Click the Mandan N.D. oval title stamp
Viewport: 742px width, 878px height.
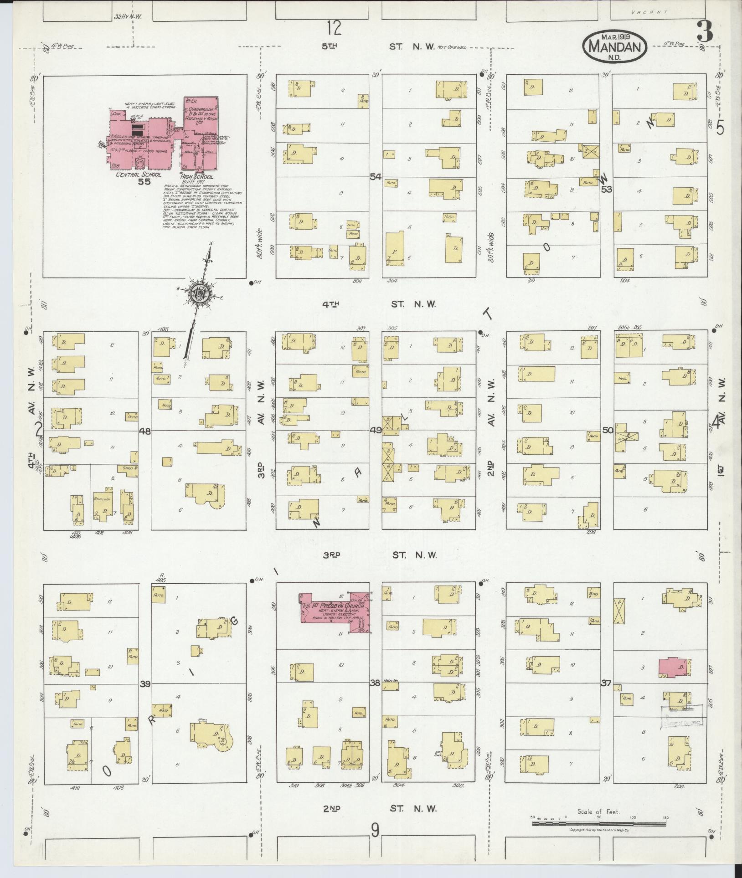pos(614,46)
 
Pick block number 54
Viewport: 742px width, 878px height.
pos(375,177)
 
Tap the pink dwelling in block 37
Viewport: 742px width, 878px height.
pos(674,667)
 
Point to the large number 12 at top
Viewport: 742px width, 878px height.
pos(334,28)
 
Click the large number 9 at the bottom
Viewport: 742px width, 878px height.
pos(375,830)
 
